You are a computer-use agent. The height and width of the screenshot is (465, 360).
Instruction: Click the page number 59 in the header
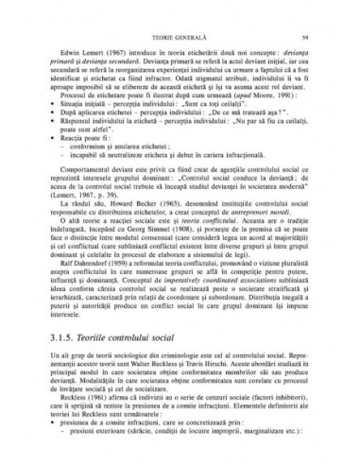tap(320, 11)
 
